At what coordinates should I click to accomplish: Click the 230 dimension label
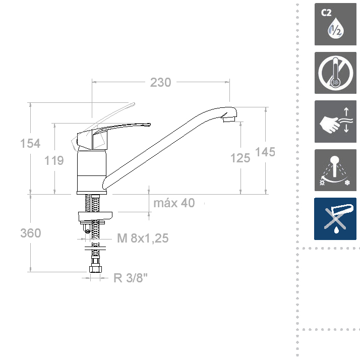pyautogui.click(x=160, y=82)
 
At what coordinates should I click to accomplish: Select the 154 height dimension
pyautogui.click(x=30, y=144)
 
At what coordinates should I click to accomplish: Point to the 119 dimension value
pyautogui.click(x=54, y=160)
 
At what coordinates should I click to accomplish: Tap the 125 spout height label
pyautogui.click(x=240, y=158)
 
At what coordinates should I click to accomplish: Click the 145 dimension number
pyautogui.click(x=265, y=152)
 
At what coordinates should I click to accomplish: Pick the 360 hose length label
pyautogui.click(x=31, y=233)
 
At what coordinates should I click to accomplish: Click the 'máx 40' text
pyautogui.click(x=174, y=203)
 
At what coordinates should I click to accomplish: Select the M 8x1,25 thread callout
pyautogui.click(x=143, y=238)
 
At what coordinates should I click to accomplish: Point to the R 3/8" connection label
pyautogui.click(x=131, y=278)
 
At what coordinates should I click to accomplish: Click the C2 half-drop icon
pyautogui.click(x=335, y=24)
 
